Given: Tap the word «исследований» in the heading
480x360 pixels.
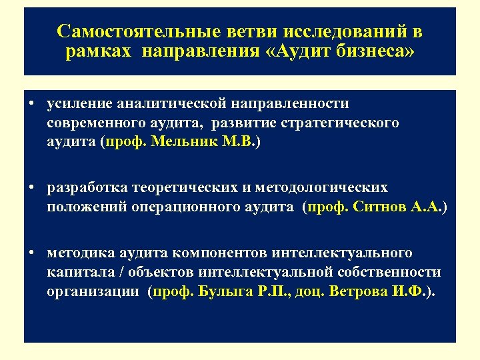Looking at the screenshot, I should [337, 31].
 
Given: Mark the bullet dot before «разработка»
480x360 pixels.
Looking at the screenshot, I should [32, 188].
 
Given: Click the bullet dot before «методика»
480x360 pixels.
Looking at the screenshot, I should [32, 253].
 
